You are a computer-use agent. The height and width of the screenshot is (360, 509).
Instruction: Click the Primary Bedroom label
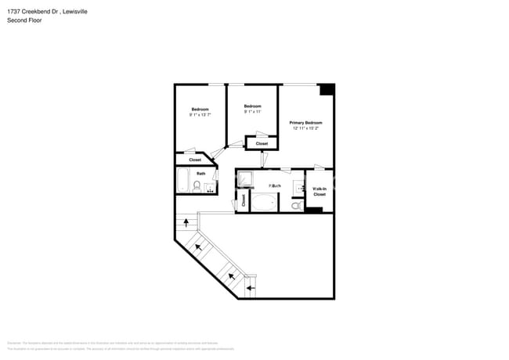pos(305,123)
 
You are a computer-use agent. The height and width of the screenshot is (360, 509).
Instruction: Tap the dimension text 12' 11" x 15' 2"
pos(305,129)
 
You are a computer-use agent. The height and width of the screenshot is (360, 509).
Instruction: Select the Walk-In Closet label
pos(319,191)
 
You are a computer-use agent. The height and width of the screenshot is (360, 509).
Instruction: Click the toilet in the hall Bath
pos(197,186)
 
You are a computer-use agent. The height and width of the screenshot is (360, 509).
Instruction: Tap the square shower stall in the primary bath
pos(245,179)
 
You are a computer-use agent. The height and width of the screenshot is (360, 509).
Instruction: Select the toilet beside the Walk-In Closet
pos(297,205)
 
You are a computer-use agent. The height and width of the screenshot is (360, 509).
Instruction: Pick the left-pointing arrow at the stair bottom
pos(250,288)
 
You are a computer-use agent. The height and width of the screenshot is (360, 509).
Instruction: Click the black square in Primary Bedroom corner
pos(327,89)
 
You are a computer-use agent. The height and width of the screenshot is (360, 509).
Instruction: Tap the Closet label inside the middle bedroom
pos(262,143)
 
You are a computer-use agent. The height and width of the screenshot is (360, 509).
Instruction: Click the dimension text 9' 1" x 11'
pos(251,112)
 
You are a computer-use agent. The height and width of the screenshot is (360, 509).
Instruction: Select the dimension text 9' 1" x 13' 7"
pos(200,115)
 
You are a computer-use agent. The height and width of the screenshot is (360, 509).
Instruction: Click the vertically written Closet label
pos(243,200)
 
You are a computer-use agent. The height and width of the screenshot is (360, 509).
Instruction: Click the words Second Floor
pos(24,20)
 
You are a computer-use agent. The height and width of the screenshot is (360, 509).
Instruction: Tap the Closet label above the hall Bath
pos(195,160)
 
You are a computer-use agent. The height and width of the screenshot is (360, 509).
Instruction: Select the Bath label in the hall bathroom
pos(200,173)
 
